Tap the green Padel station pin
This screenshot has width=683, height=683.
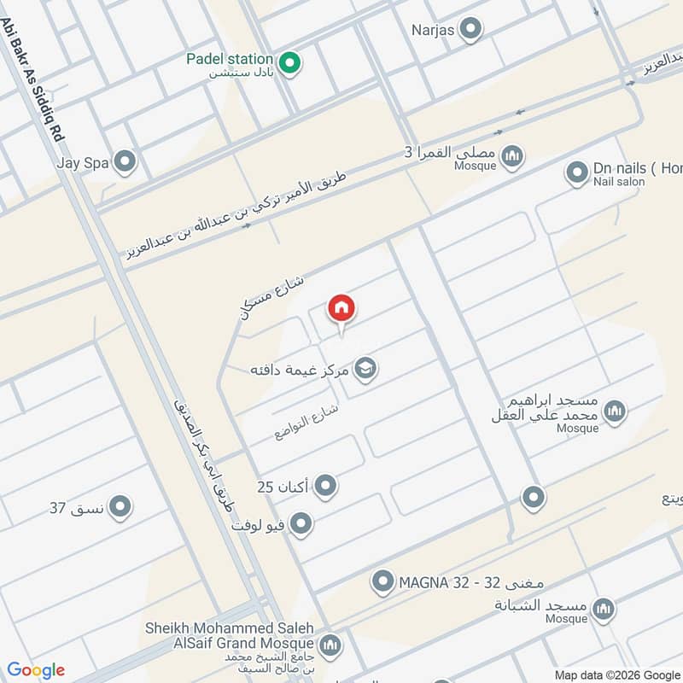pos(290,63)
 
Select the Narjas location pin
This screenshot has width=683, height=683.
pos(470,31)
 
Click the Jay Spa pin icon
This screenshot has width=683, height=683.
pos(126,161)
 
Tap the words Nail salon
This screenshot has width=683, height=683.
pos(619,182)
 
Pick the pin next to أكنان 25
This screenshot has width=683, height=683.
pos(325,487)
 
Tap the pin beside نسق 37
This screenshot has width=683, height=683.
pos(120,508)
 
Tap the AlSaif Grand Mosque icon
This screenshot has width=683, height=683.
pos(332,645)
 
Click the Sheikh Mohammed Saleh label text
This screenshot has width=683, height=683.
pos(229,628)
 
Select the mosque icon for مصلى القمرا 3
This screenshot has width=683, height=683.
pos(512,156)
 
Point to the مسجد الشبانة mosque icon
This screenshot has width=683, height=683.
pos(604,610)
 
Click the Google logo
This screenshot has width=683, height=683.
pos(36,670)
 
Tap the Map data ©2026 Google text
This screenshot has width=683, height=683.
pos(616,674)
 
